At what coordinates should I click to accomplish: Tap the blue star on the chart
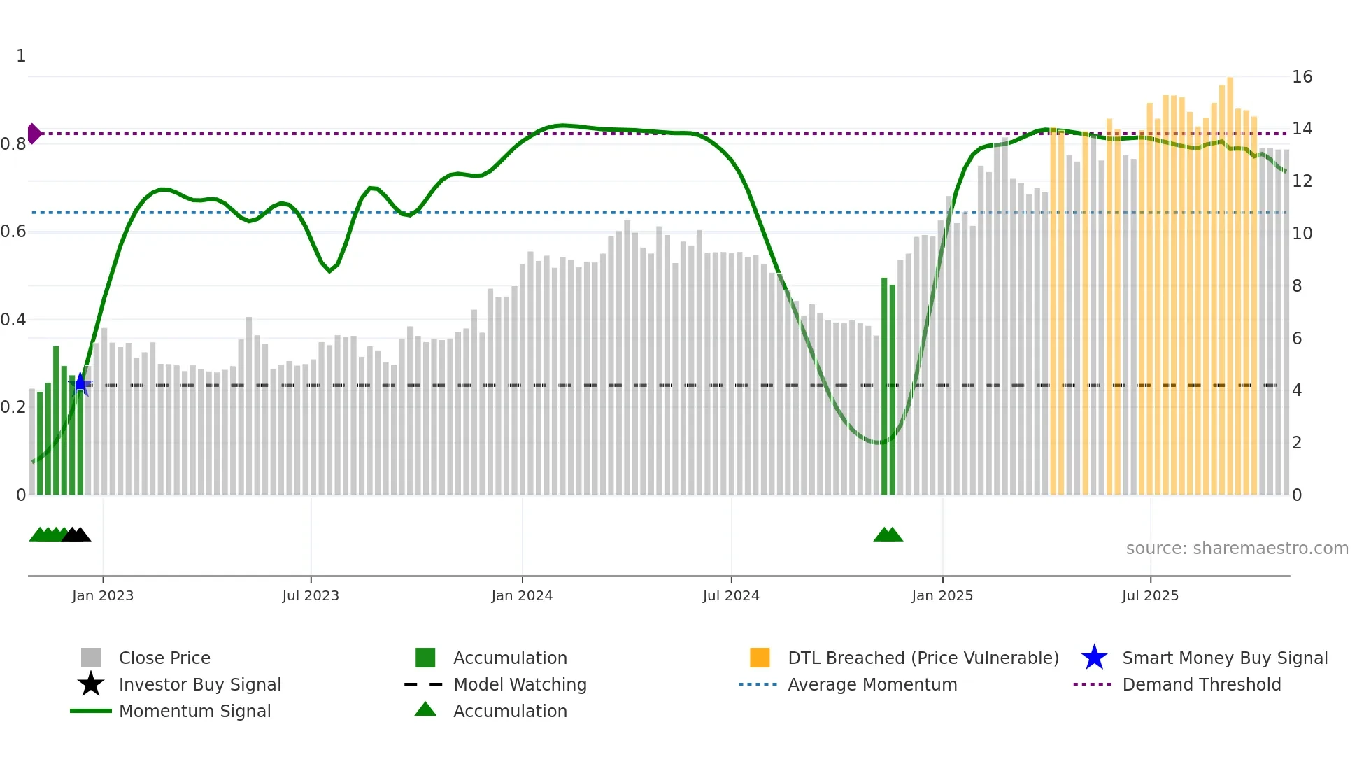point(80,384)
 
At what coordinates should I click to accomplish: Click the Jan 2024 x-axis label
point(522,595)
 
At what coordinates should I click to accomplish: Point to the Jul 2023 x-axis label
point(311,595)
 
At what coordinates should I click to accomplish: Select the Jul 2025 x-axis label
point(1150,595)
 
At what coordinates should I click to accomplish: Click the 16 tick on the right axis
point(1302,77)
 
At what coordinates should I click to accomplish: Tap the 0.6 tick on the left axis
point(13,232)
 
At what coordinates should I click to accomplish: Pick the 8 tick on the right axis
point(1297,285)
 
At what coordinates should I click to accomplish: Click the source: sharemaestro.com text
point(1237,549)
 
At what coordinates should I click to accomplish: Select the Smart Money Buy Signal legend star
point(1094,658)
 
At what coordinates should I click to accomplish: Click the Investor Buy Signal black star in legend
point(91,684)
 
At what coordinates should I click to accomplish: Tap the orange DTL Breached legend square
point(760,658)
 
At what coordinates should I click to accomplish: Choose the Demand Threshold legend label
point(1201,684)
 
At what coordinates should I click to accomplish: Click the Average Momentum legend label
point(872,684)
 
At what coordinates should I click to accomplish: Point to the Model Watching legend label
point(520,684)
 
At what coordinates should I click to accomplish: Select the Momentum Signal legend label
point(194,711)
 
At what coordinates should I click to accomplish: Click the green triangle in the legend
point(425,709)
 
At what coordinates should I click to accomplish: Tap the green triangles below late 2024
point(888,535)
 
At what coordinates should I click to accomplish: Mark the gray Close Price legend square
point(91,658)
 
